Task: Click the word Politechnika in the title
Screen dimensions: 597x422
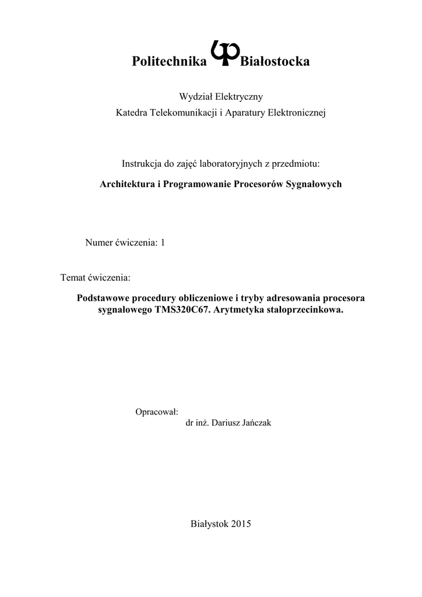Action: coord(170,62)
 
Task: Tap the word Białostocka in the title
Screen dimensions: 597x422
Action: coord(275,62)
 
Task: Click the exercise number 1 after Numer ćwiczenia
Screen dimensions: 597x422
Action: coord(163,242)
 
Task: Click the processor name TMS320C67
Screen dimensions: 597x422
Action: coord(184,310)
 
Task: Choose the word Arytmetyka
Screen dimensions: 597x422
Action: coord(240,310)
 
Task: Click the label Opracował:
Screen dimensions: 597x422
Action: coord(156,412)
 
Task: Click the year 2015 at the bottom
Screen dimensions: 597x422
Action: coord(240,524)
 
